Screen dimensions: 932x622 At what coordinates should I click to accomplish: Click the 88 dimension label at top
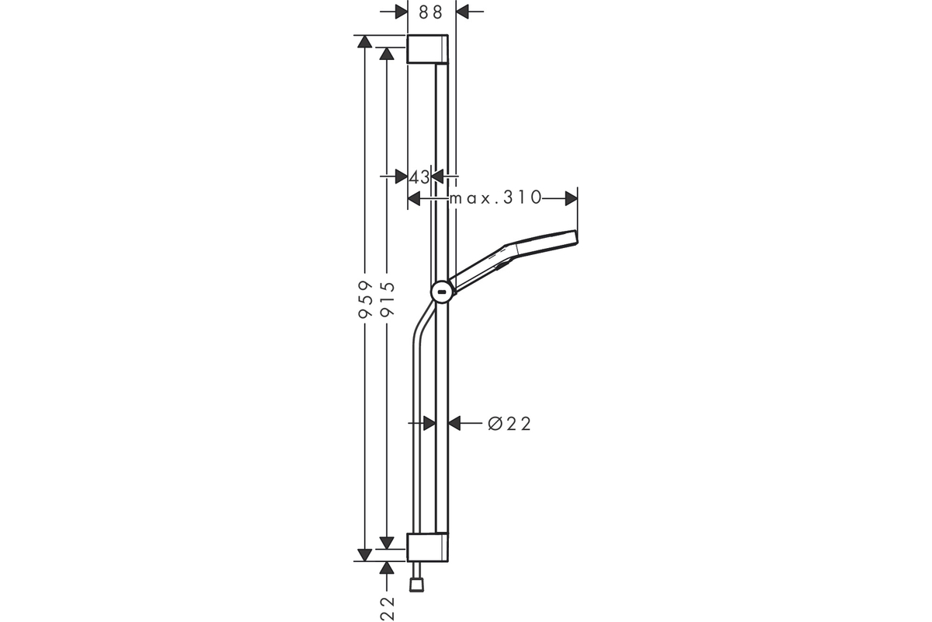[430, 12]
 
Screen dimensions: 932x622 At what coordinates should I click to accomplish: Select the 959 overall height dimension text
[365, 299]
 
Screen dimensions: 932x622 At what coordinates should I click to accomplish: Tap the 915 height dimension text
[387, 299]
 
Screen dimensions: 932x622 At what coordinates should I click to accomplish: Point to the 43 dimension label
[419, 177]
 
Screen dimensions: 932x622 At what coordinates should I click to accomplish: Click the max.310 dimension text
[496, 197]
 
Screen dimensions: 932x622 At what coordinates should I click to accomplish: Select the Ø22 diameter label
[509, 424]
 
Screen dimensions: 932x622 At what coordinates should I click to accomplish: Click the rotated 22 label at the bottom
[387, 609]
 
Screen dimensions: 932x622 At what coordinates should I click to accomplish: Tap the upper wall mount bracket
[427, 49]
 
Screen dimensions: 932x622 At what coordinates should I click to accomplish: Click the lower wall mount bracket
[427, 547]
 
